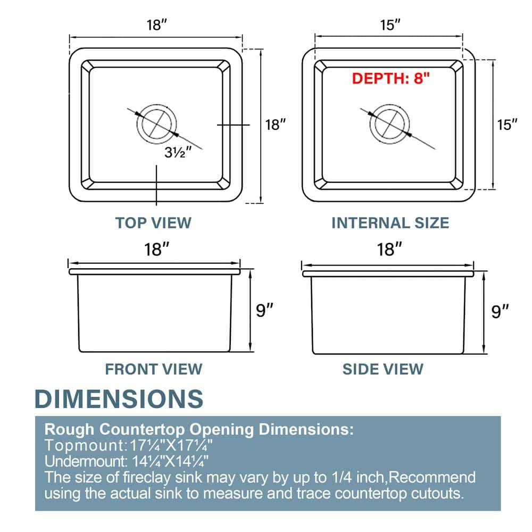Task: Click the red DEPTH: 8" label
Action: point(390,78)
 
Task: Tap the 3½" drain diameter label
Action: point(178,152)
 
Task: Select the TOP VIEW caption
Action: point(153,223)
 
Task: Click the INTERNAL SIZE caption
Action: point(390,223)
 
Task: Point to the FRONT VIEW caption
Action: point(154,369)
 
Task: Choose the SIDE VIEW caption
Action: point(383,369)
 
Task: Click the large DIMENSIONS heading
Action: point(119,398)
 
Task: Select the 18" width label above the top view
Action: point(157,25)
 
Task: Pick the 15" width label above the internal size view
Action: point(390,25)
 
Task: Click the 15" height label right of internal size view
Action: point(507,124)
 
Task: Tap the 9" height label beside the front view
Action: point(264,310)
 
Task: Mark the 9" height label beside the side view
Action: point(500,311)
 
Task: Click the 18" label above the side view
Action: point(389,250)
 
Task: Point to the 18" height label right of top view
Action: point(275,124)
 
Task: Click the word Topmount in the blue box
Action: point(85,445)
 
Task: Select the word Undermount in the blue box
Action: point(86,461)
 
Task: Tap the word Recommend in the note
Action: point(432,477)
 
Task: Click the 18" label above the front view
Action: point(157,250)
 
